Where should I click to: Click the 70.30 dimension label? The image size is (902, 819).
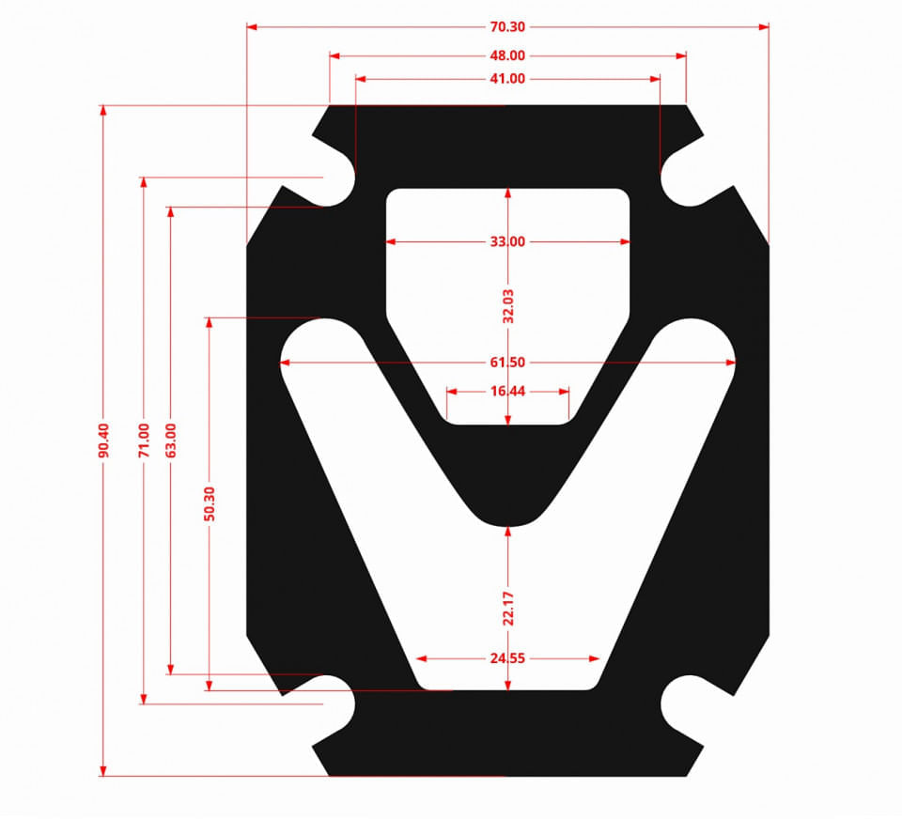tap(507, 27)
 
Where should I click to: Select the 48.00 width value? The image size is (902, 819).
tap(507, 55)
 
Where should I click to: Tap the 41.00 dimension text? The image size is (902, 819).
tap(507, 79)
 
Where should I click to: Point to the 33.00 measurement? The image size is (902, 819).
tap(507, 241)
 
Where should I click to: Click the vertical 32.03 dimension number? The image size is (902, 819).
tap(508, 306)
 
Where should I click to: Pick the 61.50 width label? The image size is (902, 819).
tap(507, 363)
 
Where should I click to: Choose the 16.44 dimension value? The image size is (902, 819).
tap(507, 391)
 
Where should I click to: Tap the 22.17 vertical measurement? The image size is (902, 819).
tap(508, 608)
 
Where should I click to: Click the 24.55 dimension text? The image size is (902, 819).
tap(507, 658)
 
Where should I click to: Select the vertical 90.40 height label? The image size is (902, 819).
tap(103, 440)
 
